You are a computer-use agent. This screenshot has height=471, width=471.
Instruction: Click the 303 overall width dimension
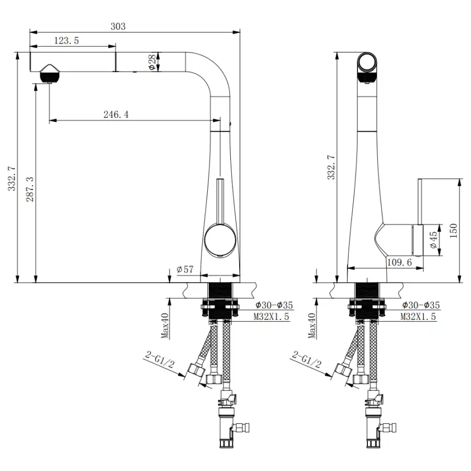pos(118,27)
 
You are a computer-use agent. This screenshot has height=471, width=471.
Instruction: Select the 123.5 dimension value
pos(66,40)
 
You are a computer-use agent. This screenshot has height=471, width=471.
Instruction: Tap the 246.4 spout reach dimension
pos(116,115)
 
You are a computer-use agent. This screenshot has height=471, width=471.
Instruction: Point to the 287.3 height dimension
pos(30,189)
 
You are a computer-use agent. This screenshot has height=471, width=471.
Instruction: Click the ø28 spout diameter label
pos(153,62)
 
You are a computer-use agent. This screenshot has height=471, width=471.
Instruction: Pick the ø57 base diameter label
pos(185,269)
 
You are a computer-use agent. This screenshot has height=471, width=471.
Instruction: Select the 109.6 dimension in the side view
pos(399,262)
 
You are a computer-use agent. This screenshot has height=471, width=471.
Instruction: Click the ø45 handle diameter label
pos(433,240)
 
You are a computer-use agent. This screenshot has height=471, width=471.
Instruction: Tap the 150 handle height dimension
pos(454,231)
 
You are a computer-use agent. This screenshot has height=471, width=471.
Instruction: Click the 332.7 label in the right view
pos(331,167)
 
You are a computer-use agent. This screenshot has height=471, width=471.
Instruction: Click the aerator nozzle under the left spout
pos(50,74)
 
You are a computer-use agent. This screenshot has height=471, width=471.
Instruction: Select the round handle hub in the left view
pos(220,241)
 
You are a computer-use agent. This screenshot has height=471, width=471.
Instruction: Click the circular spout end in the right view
pos(367,62)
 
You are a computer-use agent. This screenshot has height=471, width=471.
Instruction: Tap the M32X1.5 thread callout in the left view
pos(271,316)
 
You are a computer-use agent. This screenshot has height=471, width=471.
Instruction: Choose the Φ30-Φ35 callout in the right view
pos(421,305)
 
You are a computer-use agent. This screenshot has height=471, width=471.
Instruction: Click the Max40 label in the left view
pos(165,326)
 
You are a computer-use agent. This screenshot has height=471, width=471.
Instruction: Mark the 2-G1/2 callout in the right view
pos(306,360)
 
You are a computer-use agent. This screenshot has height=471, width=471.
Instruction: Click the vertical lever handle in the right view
pos(420,202)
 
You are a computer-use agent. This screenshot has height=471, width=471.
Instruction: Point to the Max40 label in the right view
pos(312,326)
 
